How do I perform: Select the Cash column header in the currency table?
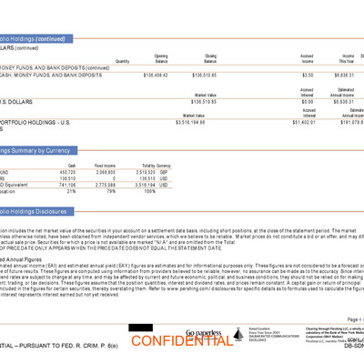[x=72, y=165]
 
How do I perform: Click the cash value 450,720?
[x=67, y=171]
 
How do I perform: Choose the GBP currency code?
[x=165, y=171]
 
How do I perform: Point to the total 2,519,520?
[x=143, y=171]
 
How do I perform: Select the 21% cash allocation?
[x=71, y=191]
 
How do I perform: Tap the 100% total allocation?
[x=149, y=191]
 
